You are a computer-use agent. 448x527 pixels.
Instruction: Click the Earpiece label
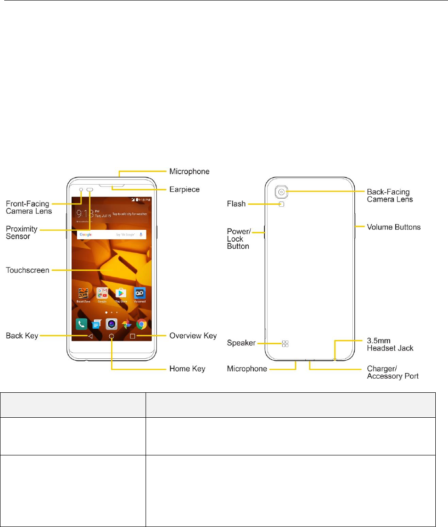point(184,189)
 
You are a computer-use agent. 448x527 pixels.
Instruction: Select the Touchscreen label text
point(26,271)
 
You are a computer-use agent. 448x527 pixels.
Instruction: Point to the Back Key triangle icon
point(90,337)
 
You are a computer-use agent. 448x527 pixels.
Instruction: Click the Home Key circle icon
point(112,337)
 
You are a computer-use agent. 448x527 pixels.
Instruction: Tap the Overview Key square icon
point(132,337)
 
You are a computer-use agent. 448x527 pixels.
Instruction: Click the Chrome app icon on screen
point(140,324)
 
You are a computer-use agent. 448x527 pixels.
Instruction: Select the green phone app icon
point(81,324)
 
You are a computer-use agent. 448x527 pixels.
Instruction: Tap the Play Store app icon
point(121,293)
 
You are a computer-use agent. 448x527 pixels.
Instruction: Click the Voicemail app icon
point(139,293)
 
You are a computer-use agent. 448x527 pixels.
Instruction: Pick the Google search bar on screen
point(111,234)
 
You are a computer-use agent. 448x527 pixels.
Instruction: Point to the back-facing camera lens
point(281,192)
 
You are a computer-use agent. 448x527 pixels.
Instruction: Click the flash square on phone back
point(282,204)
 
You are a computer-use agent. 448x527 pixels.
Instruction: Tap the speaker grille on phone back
point(285,344)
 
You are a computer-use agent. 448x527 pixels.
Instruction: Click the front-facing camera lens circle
point(81,190)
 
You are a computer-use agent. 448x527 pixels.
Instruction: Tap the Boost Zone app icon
point(83,293)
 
